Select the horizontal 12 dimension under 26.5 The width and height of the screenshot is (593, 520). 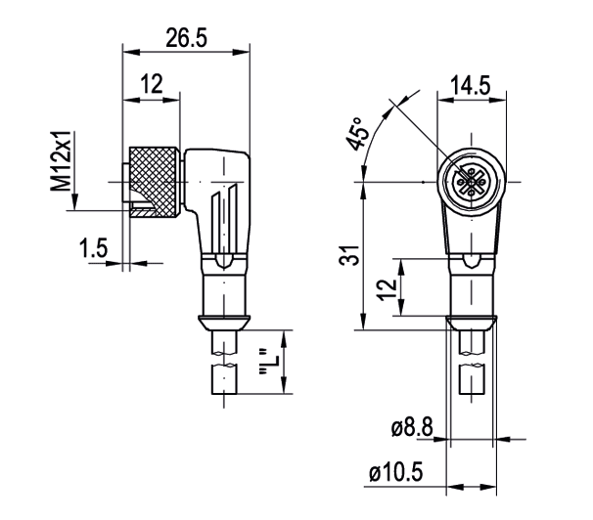point(150,85)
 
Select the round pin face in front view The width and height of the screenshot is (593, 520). point(473,181)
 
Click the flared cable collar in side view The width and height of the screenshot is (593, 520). point(225,323)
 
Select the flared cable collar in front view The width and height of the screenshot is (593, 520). point(473,323)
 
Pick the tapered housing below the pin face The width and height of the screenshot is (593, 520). point(473,230)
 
